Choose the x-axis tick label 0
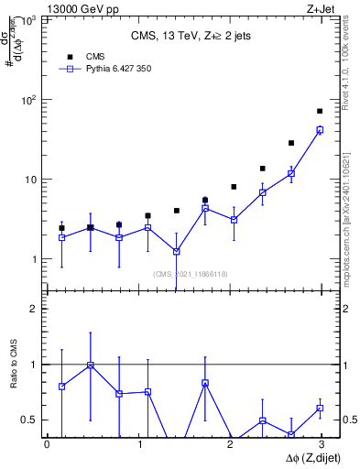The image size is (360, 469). pyautogui.click(x=47, y=445)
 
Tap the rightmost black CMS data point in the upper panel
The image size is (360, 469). pyautogui.click(x=320, y=111)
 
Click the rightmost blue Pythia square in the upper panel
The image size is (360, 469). pyautogui.click(x=320, y=130)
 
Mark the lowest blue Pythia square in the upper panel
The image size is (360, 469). pyautogui.click(x=176, y=251)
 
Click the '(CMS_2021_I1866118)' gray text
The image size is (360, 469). pyautogui.click(x=190, y=274)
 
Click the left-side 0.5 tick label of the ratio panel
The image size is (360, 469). pyautogui.click(x=33, y=420)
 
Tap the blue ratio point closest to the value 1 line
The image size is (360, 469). pyautogui.click(x=90, y=365)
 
